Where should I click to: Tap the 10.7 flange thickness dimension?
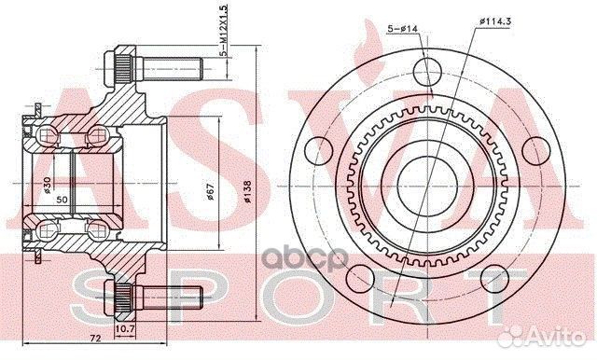126,329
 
